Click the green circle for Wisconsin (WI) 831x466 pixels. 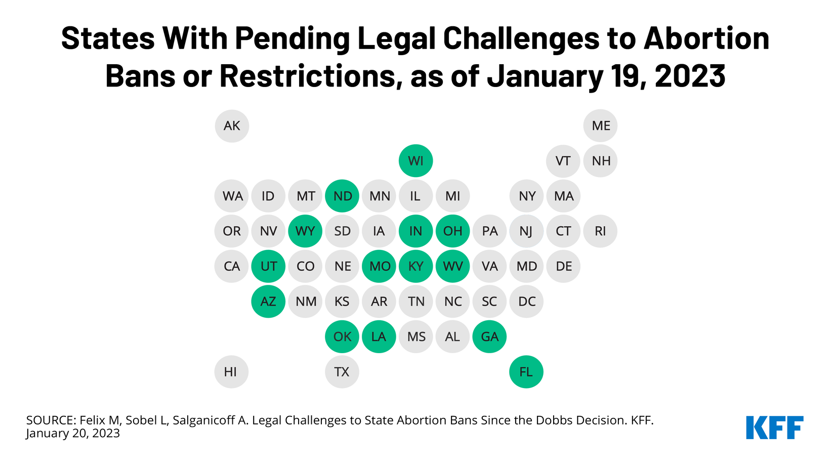click(416, 161)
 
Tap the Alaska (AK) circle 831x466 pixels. click(232, 126)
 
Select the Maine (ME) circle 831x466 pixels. click(600, 125)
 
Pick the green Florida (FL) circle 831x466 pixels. click(526, 372)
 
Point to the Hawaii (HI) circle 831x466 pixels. click(231, 372)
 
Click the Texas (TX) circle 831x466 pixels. click(342, 372)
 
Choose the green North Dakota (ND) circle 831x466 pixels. click(342, 196)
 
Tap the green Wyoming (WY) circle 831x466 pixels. click(305, 231)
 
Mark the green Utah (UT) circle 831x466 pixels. click(268, 266)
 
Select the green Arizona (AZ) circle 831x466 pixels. click(268, 301)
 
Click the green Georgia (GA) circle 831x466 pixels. click(489, 336)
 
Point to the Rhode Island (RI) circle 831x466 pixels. click(600, 231)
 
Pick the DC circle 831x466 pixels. click(526, 301)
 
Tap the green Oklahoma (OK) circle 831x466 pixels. click(342, 336)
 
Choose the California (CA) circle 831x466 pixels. click(231, 266)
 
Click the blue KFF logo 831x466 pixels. click(775, 428)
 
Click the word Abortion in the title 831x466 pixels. click(707, 38)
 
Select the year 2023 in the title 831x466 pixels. click(690, 76)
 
